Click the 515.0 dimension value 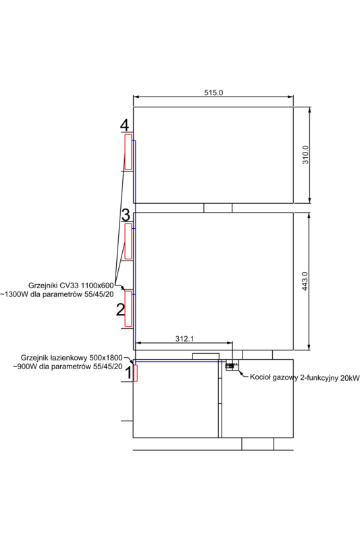pyautogui.click(x=213, y=92)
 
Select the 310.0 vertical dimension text pyautogui.click(x=305, y=155)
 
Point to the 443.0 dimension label pyautogui.click(x=305, y=281)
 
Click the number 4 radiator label pyautogui.click(x=124, y=126)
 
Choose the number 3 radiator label pyautogui.click(x=125, y=215)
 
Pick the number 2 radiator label pyautogui.click(x=121, y=310)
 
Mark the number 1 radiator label pyautogui.click(x=126, y=379)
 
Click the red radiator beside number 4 pyautogui.click(x=128, y=152)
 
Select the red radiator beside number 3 pyautogui.click(x=128, y=241)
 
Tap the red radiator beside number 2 pyautogui.click(x=128, y=308)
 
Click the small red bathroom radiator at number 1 pyautogui.click(x=135, y=373)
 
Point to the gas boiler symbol pyautogui.click(x=231, y=366)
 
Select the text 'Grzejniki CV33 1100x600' pyautogui.click(x=71, y=286)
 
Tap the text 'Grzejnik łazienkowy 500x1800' pyautogui.click(x=72, y=358)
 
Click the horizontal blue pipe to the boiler pyautogui.click(x=182, y=361)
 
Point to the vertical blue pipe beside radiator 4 pyautogui.click(x=134, y=171)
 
